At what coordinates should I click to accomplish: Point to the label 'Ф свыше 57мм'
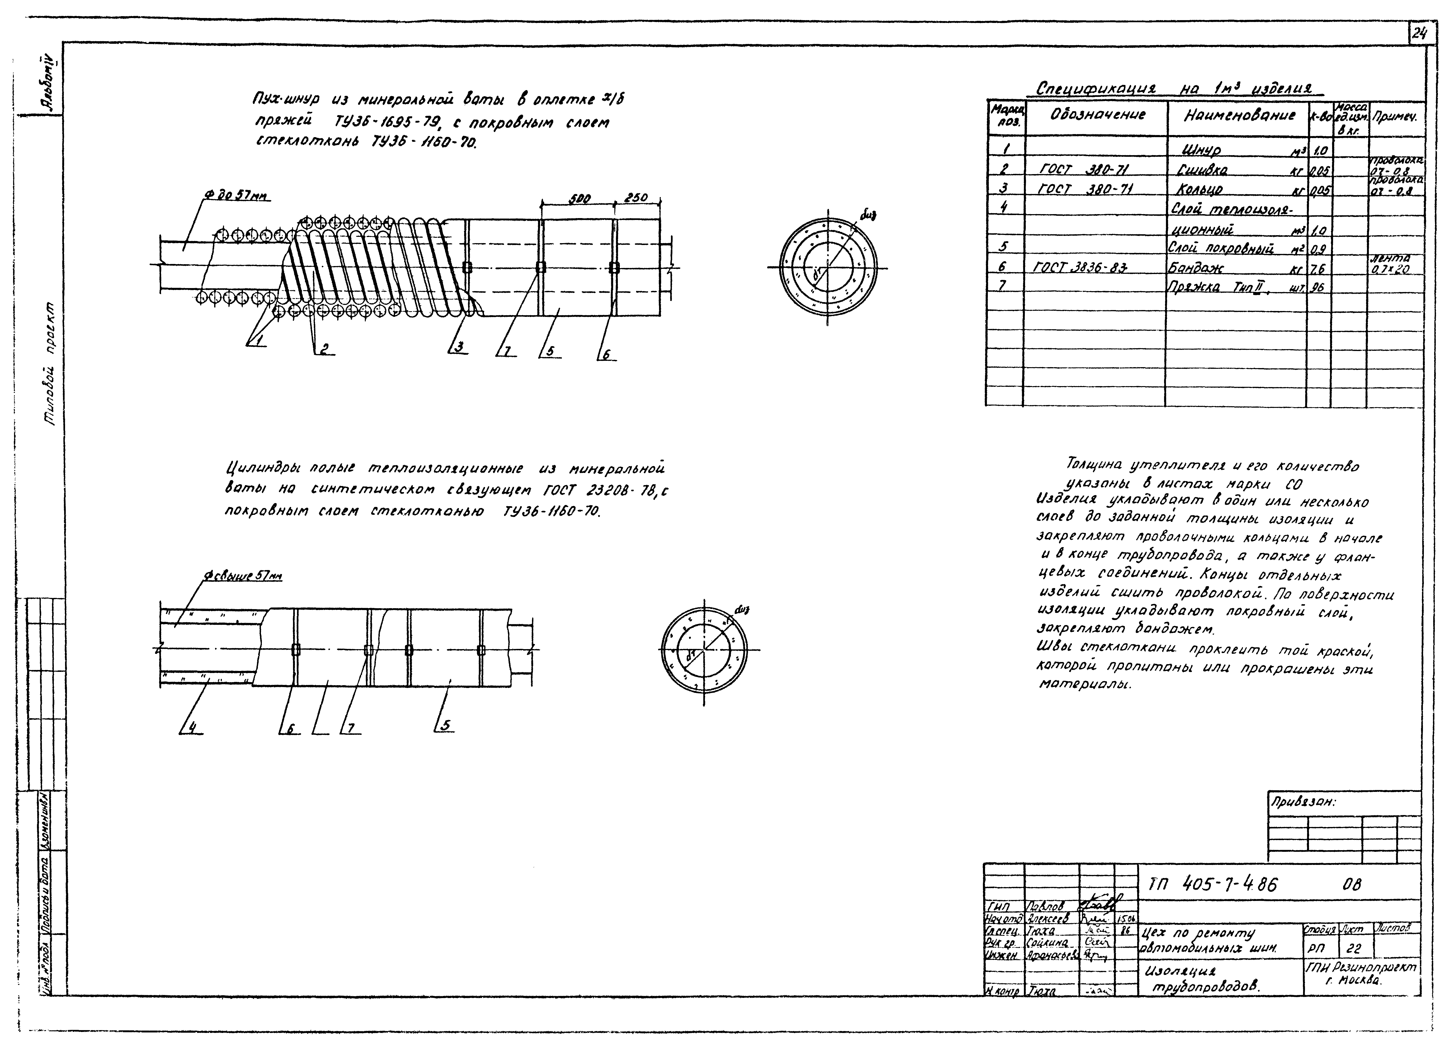pyautogui.click(x=243, y=576)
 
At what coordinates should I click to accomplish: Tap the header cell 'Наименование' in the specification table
pyautogui.click(x=1239, y=116)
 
